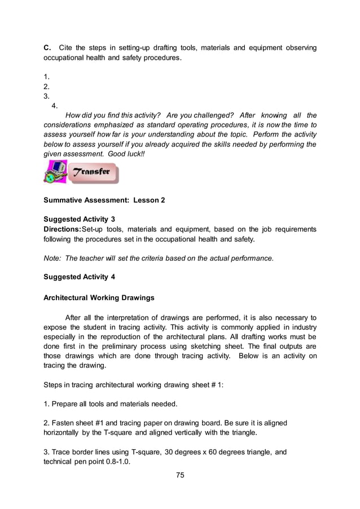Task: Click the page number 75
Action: [180, 475]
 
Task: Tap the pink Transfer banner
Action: [94, 172]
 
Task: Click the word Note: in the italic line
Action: [52, 258]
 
